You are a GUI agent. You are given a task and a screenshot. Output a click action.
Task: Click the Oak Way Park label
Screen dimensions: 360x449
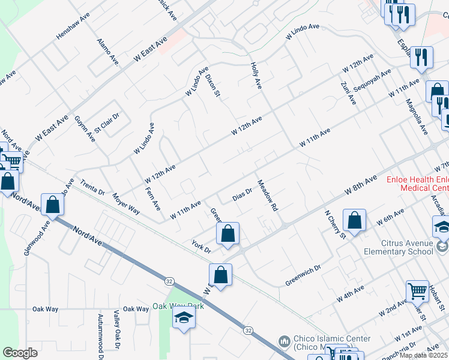coord(178,306)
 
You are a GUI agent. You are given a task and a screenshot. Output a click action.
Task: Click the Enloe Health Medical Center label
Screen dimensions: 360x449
coord(417,184)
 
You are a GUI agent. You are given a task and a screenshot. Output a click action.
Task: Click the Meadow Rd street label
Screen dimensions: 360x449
coord(268,196)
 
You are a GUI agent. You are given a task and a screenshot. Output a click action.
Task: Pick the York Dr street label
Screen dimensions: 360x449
coord(201,247)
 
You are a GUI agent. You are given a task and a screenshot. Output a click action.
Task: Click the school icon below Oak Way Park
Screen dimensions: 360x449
coord(184,318)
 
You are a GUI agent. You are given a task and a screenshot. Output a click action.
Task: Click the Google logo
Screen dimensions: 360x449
coord(20,353)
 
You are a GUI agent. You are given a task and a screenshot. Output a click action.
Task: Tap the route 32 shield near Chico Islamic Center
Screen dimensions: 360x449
coord(247,331)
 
